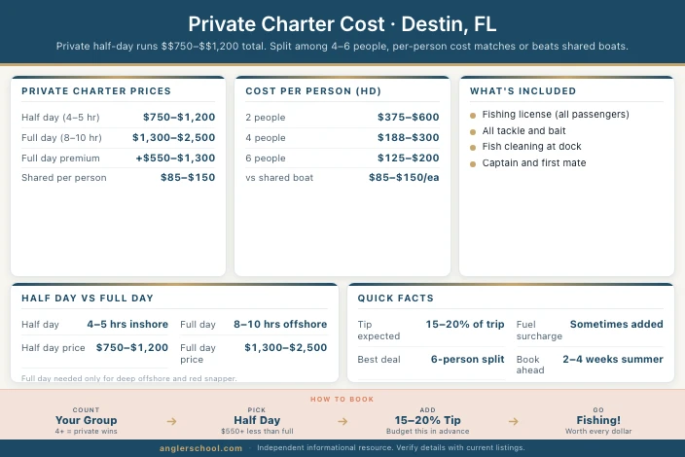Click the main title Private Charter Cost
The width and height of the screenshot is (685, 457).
tap(342, 23)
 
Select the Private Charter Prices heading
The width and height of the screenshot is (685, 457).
tap(95, 91)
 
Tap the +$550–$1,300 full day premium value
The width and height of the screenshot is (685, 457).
tap(176, 158)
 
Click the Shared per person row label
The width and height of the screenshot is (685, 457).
tap(63, 178)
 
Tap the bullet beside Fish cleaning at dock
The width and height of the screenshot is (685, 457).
tap(473, 147)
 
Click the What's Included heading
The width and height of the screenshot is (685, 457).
tap(523, 91)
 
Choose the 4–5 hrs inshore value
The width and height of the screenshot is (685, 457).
tap(127, 325)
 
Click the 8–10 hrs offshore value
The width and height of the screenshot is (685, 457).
tap(280, 325)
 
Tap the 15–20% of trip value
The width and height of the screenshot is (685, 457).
tap(465, 325)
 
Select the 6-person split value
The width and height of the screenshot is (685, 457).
tap(468, 359)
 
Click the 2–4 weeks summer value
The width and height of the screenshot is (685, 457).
tap(613, 359)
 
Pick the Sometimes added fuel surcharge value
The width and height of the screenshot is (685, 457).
tap(617, 325)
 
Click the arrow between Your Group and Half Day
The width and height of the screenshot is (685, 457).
tap(171, 421)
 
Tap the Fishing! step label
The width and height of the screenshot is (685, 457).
tap(598, 420)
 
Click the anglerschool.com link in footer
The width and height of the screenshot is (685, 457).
tap(202, 448)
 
